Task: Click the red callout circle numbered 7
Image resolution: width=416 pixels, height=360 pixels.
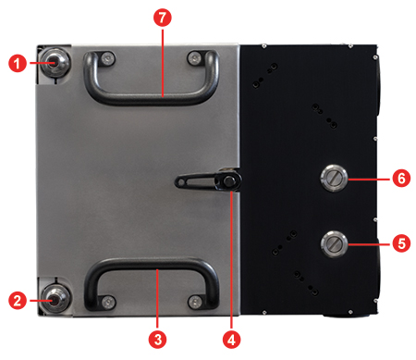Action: point(161,19)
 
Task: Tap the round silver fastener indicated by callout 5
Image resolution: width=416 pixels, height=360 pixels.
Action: point(333,244)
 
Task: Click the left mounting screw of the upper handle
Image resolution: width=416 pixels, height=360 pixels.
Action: point(107,60)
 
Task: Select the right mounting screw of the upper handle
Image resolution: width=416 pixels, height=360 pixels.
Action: point(194,60)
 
